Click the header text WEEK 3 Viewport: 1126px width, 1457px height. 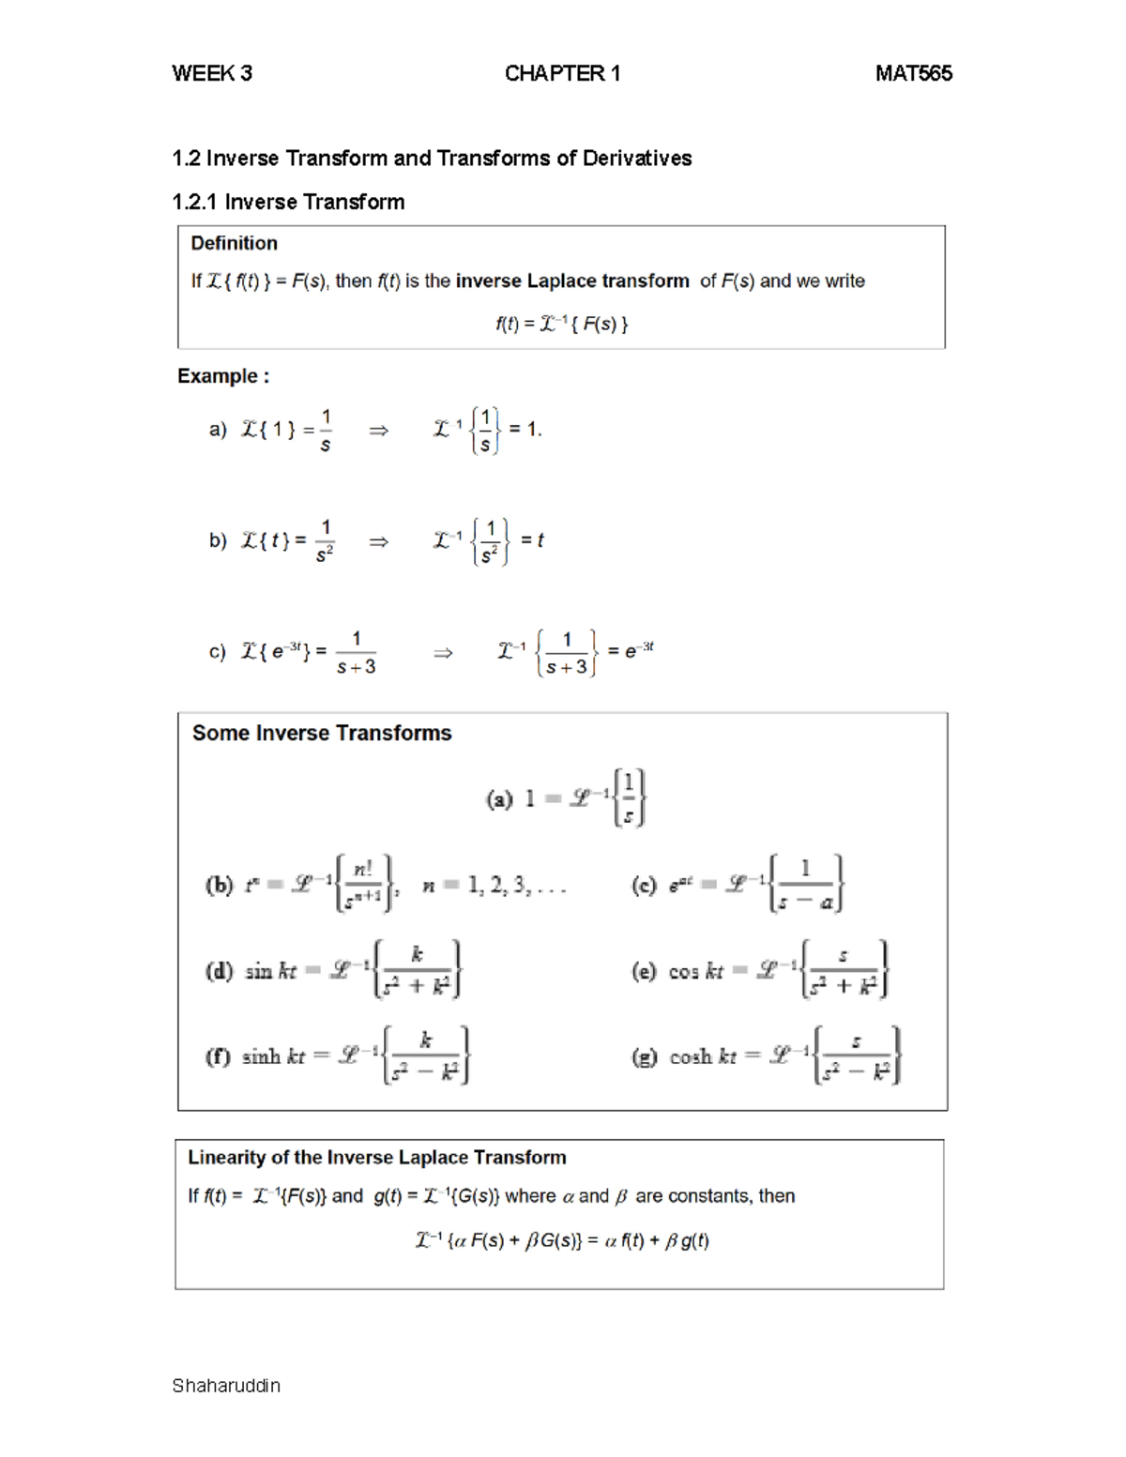tap(212, 74)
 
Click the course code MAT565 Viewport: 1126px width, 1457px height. tap(913, 74)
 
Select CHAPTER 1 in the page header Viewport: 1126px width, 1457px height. tap(562, 74)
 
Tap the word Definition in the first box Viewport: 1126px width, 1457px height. tap(234, 244)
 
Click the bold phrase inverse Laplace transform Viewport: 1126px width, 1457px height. tap(571, 281)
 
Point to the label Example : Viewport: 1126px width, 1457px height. tap(223, 376)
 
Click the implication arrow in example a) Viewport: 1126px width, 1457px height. tap(378, 431)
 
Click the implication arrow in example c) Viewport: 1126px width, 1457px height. tap(443, 653)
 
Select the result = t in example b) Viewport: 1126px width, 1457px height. tap(532, 540)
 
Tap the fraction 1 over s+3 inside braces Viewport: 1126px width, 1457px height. tap(567, 653)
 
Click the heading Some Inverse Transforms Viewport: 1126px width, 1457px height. tap(322, 734)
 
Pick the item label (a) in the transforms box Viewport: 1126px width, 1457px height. tap(499, 799)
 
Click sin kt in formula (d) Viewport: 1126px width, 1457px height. tap(270, 972)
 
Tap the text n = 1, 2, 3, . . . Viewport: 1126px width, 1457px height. tap(493, 886)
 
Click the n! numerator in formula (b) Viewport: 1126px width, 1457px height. tap(362, 871)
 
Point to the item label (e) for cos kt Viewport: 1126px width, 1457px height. tap(644, 972)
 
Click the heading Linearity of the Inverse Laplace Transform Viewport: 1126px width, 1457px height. tap(377, 1158)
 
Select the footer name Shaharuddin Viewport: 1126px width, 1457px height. tap(226, 1386)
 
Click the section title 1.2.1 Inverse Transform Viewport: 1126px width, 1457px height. tap(288, 203)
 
